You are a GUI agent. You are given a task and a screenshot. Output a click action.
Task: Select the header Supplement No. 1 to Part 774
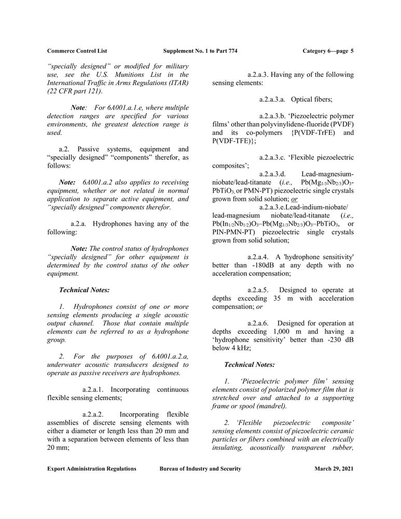[200, 51]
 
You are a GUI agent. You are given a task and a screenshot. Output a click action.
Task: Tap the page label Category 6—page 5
[327, 51]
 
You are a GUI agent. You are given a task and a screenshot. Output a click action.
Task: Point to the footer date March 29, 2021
[334, 469]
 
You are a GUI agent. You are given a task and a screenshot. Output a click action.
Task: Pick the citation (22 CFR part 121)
[78, 91]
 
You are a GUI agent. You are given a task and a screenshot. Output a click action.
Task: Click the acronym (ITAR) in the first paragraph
[175, 83]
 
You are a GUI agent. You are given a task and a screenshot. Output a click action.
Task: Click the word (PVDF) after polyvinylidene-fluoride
[340, 124]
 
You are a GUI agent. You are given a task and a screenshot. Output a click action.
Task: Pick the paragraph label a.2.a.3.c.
[279, 157]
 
